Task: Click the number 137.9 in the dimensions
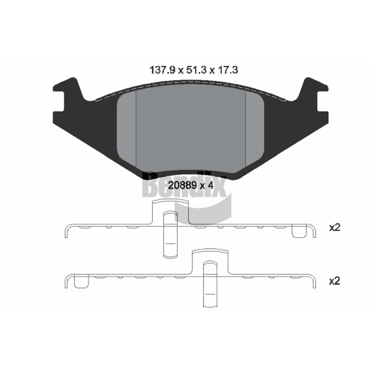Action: point(162,70)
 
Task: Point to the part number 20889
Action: point(182,185)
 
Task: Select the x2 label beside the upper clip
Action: point(334,228)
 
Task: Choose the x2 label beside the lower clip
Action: point(334,281)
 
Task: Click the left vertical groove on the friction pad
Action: point(136,129)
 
